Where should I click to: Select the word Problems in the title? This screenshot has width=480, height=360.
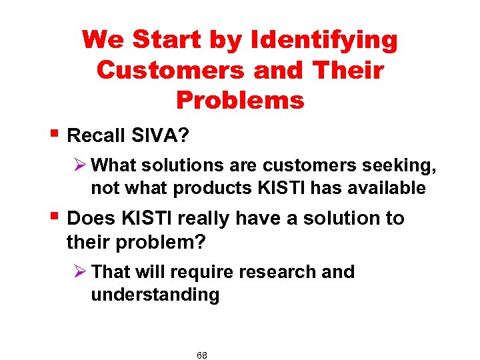pyautogui.click(x=240, y=100)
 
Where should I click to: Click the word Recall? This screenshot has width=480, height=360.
pyautogui.click(x=95, y=136)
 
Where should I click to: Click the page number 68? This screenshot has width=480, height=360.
pyautogui.click(x=202, y=355)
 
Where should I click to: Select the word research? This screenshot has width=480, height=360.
pyautogui.click(x=283, y=272)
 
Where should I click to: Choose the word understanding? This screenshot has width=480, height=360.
pyautogui.click(x=155, y=295)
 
